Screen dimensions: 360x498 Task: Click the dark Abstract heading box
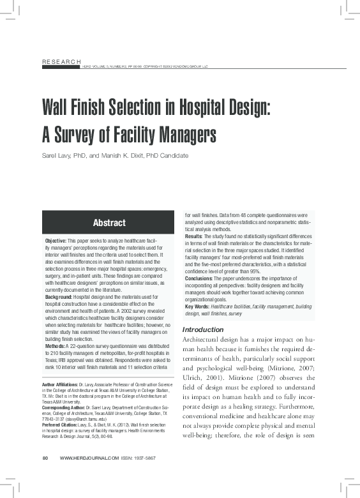[x=109, y=223]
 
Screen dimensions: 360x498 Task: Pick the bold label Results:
[x=193, y=237]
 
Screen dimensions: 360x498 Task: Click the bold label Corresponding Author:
[x=66, y=407]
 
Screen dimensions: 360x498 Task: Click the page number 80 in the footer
[x=45, y=476]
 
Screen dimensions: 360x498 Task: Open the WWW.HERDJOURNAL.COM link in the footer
[x=89, y=476]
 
